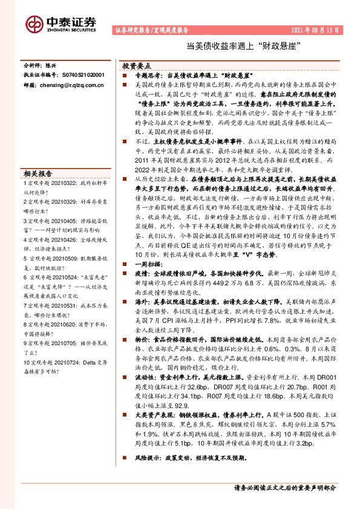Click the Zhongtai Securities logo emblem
tap(32, 24)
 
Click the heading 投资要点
tap(136, 65)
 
